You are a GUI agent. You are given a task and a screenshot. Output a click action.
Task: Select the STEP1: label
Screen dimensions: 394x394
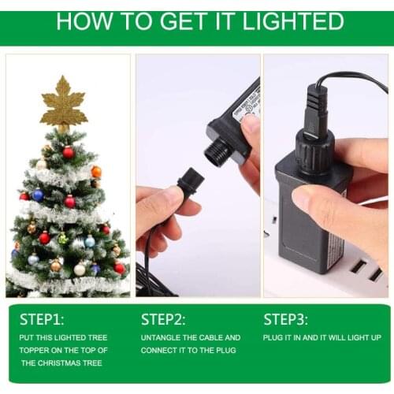coord(42,319)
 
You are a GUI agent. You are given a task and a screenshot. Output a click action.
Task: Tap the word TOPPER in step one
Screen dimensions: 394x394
coord(37,350)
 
